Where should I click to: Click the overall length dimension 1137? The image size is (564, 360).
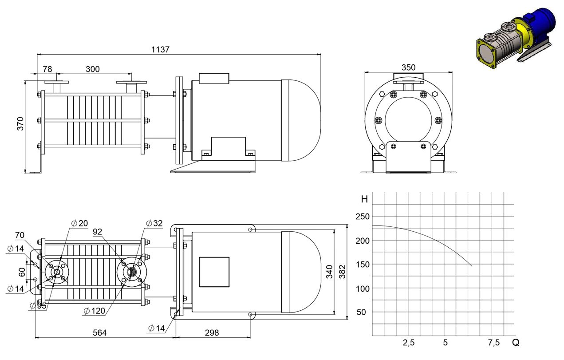click(160, 49)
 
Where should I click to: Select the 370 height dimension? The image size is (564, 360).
click(20, 123)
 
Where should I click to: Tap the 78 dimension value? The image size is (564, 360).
click(47, 69)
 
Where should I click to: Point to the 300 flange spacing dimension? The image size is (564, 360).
click(93, 69)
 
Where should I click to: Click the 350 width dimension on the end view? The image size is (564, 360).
click(408, 67)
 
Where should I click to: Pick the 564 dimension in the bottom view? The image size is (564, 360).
click(100, 333)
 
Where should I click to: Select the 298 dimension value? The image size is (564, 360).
click(212, 333)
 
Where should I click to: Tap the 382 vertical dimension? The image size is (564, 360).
click(342, 272)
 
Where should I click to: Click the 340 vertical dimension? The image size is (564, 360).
click(329, 272)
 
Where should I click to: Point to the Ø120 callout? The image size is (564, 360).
click(95, 311)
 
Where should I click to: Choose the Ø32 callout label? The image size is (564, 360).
click(154, 223)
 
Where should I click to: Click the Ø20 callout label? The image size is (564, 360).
click(79, 223)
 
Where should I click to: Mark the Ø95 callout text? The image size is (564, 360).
click(38, 305)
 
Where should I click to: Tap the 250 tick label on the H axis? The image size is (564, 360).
click(363, 217)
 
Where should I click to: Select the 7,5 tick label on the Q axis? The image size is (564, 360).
click(494, 342)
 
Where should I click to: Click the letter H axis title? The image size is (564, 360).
click(364, 199)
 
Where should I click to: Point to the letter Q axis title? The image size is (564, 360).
click(516, 342)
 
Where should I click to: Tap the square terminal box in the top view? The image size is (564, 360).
click(214, 272)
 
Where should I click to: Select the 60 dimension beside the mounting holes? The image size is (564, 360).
click(22, 272)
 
